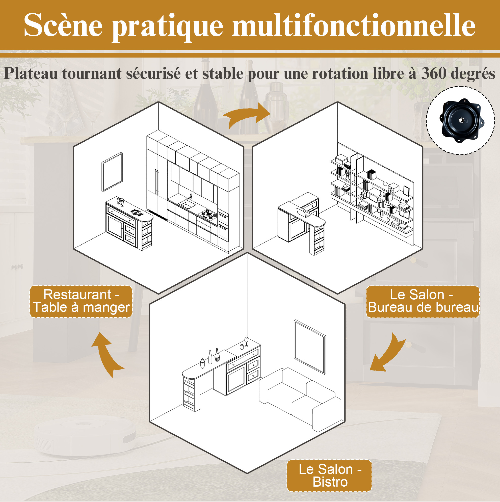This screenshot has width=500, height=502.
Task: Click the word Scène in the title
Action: [x=63, y=25]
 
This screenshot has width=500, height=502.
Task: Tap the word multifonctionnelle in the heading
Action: [x=354, y=25]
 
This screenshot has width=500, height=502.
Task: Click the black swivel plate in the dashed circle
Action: [x=462, y=120]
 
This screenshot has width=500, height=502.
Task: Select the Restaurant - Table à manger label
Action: [x=81, y=301]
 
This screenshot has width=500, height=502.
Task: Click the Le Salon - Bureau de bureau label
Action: [x=423, y=301]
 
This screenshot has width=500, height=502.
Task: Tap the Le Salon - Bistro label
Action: [x=329, y=476]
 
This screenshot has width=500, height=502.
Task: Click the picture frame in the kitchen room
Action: [x=112, y=172]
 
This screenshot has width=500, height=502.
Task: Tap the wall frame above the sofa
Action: [x=310, y=347]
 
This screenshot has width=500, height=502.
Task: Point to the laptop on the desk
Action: [x=304, y=212]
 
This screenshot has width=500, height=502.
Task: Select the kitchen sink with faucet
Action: [x=187, y=202]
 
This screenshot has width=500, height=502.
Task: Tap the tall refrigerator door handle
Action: [x=156, y=182]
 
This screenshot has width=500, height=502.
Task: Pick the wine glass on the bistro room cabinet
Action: [x=246, y=342]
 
